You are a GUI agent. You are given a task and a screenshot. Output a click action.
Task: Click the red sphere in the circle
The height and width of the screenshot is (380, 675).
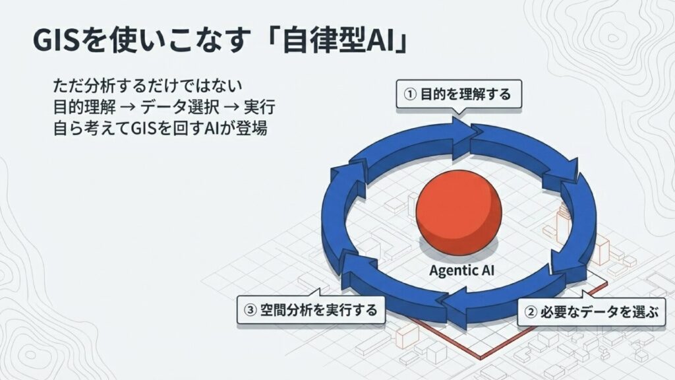[x=459, y=213]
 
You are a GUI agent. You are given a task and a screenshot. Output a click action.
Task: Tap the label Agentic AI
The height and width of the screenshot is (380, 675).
[x=461, y=270]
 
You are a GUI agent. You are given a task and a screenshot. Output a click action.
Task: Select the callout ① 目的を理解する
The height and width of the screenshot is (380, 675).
[x=459, y=94]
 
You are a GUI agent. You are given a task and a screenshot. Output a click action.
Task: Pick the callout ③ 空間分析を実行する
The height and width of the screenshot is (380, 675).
[x=310, y=309]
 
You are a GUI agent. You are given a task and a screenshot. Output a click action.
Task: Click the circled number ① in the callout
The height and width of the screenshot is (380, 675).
[x=409, y=94]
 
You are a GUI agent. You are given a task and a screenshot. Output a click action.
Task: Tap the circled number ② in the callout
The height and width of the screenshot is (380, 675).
[x=531, y=312]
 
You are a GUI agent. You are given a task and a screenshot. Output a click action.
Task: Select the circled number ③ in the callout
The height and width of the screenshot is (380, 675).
[x=250, y=310]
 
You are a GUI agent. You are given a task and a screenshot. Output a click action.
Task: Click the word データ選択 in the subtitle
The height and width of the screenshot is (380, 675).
[x=179, y=107]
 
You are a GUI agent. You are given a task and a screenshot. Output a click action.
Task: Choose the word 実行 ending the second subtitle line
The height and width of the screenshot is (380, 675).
[x=260, y=107]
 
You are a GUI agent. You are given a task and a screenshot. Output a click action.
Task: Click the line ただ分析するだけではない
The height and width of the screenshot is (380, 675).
[x=148, y=85]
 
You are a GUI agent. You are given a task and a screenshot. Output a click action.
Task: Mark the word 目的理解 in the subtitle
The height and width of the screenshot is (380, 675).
[x=84, y=107]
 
